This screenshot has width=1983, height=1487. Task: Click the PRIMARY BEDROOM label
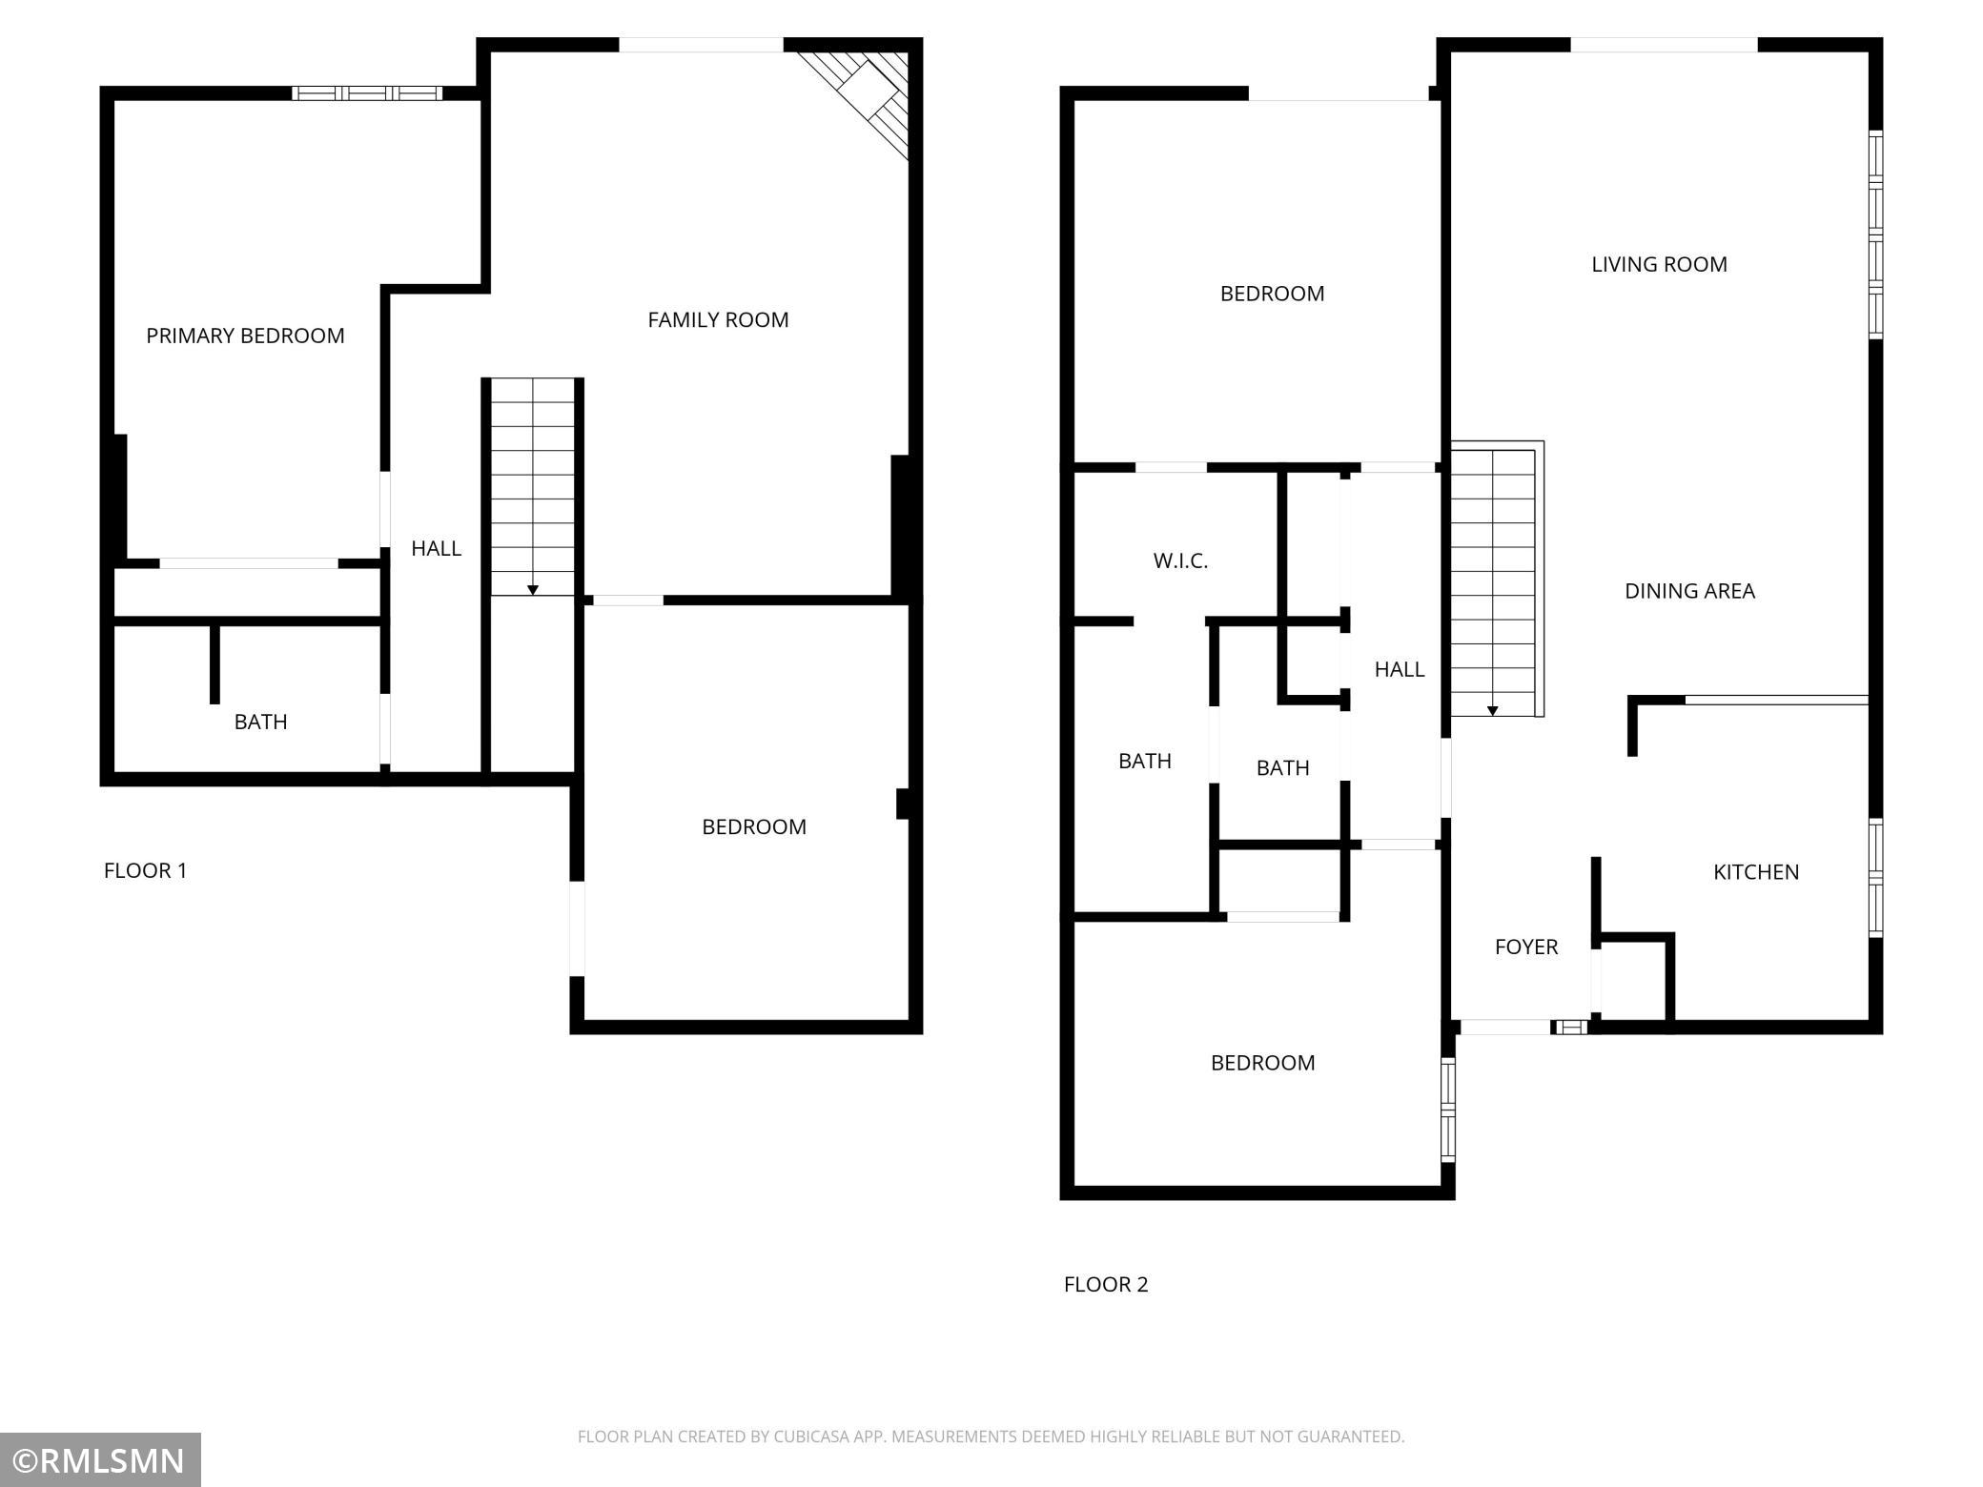coord(245,336)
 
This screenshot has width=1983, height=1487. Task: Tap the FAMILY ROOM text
coord(718,320)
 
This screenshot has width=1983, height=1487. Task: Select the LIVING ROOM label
coord(1659,265)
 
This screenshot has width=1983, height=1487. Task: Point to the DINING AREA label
coord(1689,591)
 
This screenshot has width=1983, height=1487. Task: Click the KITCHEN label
coord(1756,872)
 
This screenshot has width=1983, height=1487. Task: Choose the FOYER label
coord(1526,947)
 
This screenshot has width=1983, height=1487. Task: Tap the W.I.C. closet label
coord(1180,561)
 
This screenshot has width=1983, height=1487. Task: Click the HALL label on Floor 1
coord(436,548)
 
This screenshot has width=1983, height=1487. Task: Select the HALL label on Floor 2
coord(1400,669)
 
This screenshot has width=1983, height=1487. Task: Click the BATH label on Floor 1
coord(260,722)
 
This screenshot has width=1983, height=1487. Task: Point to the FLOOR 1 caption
coord(145,870)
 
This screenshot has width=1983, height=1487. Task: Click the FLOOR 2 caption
coord(1106,1284)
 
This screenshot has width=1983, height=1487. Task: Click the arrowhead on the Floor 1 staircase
coord(533,590)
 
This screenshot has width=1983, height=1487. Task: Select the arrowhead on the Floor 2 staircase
coord(1493,710)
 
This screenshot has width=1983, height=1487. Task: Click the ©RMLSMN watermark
coord(100,1459)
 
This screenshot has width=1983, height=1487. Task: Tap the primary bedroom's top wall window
coord(367,93)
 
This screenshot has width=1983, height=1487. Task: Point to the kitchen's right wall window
coord(1875,878)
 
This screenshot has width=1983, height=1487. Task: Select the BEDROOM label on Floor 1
coord(754,827)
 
